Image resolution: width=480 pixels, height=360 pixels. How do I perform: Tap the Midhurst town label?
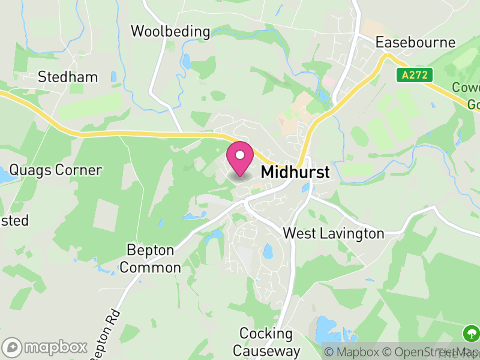295,172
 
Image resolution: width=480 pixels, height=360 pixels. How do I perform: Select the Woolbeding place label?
170,31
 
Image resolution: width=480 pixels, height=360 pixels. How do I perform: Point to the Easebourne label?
415,43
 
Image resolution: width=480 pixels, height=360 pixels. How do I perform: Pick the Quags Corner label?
55,170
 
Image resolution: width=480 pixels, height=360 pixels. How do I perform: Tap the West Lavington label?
333,233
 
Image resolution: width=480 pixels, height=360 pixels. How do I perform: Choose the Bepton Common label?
150,259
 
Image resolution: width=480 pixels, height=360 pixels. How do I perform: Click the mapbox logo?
45,347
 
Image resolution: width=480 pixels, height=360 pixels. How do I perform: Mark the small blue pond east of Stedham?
113,77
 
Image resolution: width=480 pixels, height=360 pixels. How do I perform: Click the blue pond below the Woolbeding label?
186,61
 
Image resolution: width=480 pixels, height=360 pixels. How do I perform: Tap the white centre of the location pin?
240,155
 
